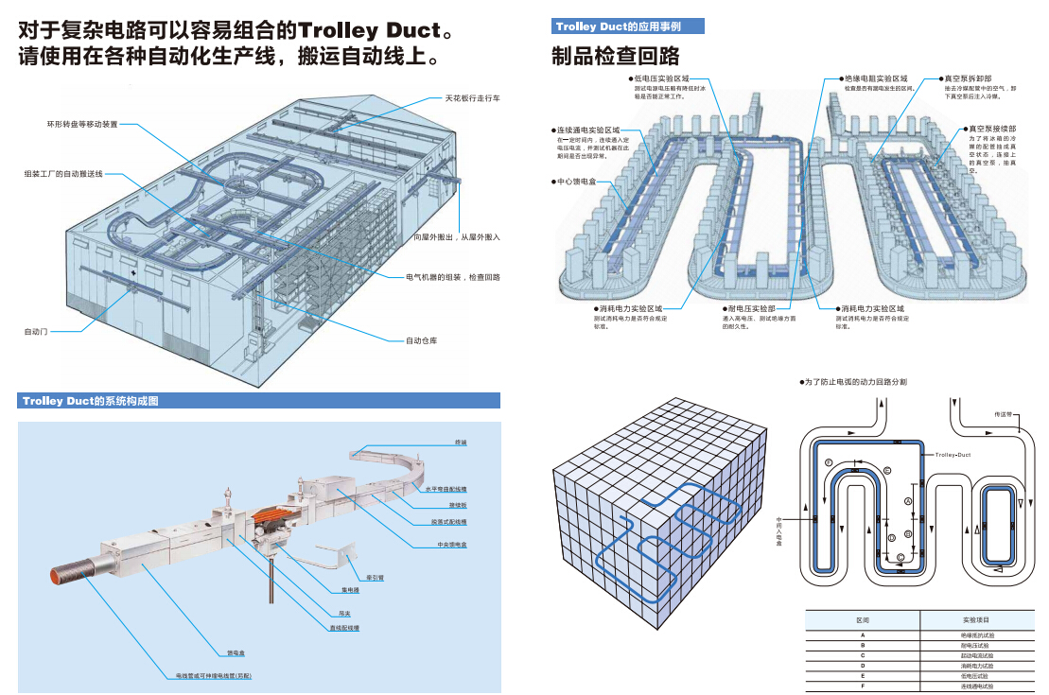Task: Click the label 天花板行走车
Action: pos(473,97)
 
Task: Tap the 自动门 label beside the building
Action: pos(36,332)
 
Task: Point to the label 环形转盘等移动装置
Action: pos(83,124)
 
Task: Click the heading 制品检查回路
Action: pos(615,56)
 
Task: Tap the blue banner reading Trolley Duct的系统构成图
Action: pos(91,401)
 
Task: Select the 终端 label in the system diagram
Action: pos(461,443)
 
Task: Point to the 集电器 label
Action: pos(349,590)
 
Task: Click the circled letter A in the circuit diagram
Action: pos(907,500)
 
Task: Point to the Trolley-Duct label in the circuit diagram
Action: pos(953,455)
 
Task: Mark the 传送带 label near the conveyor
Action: pos(1003,414)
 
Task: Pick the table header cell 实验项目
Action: pos(976,619)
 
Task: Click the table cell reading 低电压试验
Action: pos(976,676)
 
